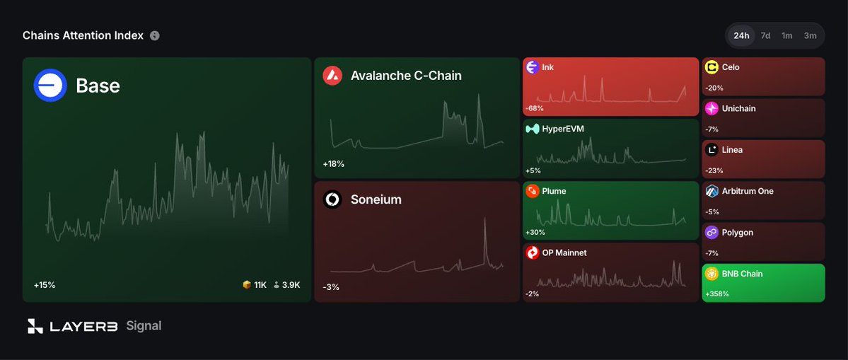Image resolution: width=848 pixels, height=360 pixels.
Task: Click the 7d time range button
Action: (x=765, y=35)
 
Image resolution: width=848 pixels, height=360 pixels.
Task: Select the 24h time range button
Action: (x=741, y=35)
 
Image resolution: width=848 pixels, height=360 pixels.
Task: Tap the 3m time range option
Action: (x=810, y=35)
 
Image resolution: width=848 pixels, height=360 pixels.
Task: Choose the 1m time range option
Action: (x=787, y=35)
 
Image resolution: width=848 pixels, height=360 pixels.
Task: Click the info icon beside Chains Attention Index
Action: (x=155, y=35)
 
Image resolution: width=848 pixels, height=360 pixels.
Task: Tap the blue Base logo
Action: (x=50, y=86)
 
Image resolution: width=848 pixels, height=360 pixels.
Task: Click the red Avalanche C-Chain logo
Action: (x=332, y=76)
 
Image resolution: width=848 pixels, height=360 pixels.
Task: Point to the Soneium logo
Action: (x=332, y=199)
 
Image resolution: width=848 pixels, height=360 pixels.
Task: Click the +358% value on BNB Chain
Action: (x=718, y=294)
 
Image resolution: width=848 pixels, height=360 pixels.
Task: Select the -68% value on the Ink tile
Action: (x=534, y=108)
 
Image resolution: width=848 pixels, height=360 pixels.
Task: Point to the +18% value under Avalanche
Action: (x=334, y=164)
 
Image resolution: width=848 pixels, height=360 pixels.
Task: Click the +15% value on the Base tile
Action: (x=45, y=285)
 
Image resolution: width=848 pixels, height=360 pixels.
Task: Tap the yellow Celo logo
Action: (x=711, y=67)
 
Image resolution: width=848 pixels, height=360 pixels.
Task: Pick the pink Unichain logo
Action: (x=711, y=109)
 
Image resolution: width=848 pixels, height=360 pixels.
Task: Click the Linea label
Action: (x=732, y=150)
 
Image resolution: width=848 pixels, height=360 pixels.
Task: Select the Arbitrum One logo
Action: (x=711, y=191)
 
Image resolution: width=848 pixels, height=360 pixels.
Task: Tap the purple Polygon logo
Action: (x=711, y=233)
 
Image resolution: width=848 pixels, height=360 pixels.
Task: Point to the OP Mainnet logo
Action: (x=533, y=252)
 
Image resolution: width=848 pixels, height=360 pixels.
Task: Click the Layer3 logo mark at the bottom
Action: (x=35, y=326)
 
